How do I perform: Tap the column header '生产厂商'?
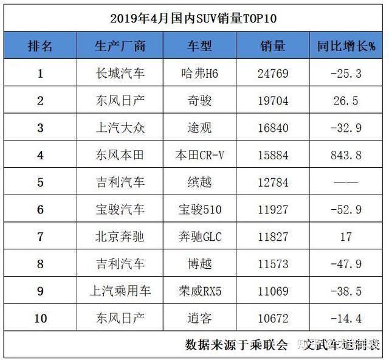[120, 46]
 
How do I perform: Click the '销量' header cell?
[272, 46]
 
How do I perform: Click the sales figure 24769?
[272, 74]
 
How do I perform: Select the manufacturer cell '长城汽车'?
[120, 74]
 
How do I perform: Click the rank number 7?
[40, 237]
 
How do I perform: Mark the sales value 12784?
[272, 182]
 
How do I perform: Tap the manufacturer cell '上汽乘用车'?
[120, 291]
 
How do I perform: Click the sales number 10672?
[272, 318]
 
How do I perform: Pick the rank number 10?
[40, 318]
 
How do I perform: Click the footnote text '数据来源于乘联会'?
[236, 345]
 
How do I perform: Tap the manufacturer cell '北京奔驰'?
[120, 237]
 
